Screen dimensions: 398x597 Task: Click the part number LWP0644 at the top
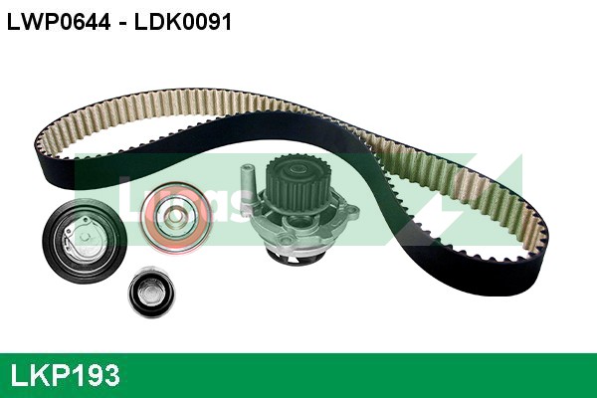point(55,21)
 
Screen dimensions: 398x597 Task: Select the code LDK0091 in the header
point(177,21)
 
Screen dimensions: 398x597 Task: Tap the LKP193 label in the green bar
point(65,375)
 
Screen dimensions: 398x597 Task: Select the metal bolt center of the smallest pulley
point(153,292)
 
